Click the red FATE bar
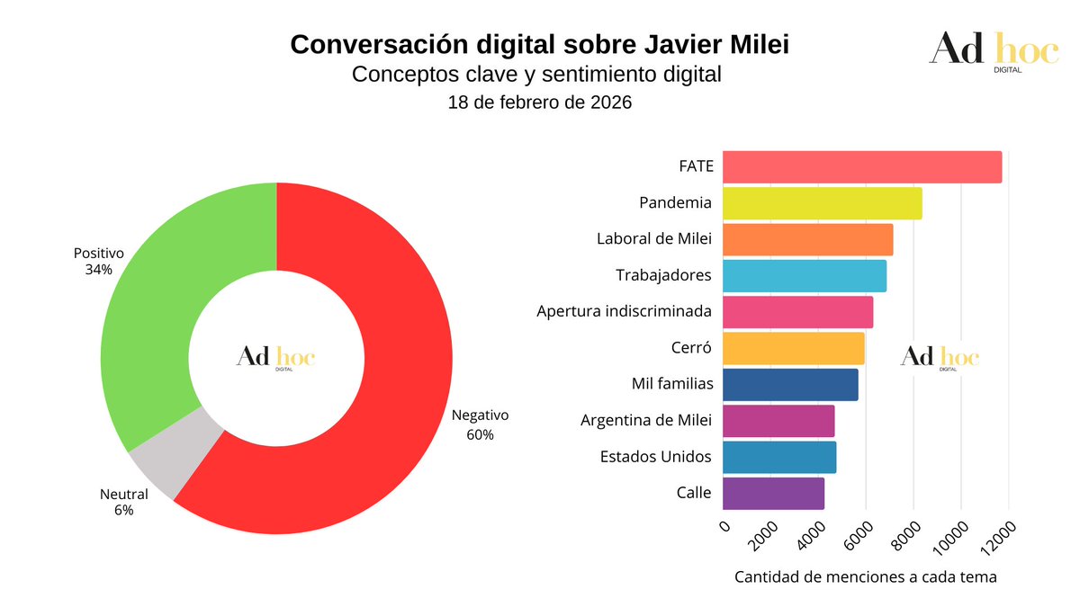coord(861,167)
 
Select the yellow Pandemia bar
coord(822,203)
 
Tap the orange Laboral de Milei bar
coord(807,239)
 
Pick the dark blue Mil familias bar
coord(790,385)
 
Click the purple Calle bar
coord(773,493)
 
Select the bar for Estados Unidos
coord(779,457)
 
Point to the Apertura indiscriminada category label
coord(624,311)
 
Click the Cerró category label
coord(692,348)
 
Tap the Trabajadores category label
coord(663,275)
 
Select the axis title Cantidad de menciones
coord(866,576)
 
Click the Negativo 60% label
coord(480,424)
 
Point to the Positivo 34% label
coord(98,261)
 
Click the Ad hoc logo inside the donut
coord(276,358)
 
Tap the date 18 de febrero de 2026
coord(540,103)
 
